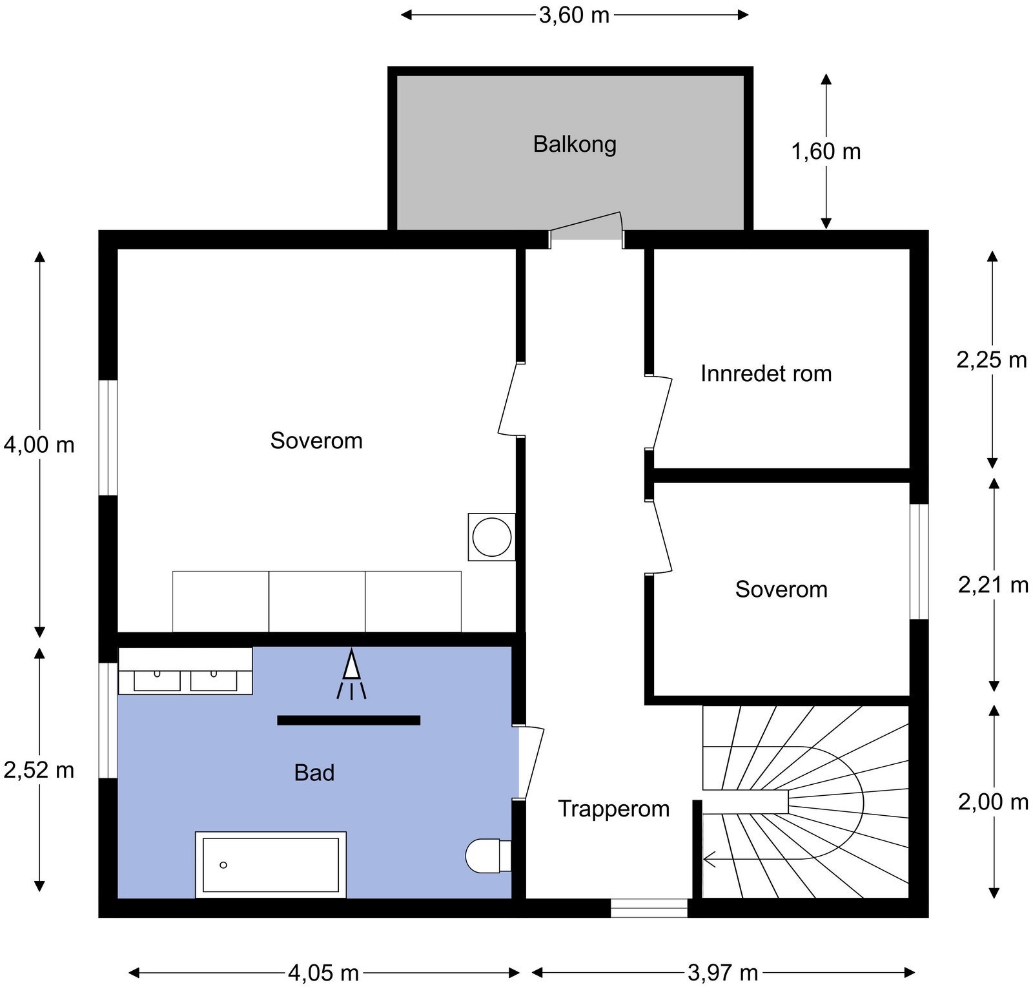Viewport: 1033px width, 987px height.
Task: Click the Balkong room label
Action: [575, 144]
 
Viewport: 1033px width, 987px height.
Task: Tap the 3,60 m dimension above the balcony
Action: [574, 15]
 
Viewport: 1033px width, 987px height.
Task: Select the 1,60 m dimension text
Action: [826, 152]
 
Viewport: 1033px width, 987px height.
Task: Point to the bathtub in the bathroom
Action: [271, 864]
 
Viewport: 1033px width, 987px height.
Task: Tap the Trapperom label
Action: [613, 809]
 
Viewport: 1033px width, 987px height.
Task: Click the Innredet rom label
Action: [766, 373]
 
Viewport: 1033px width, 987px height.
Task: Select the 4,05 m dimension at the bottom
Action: [323, 972]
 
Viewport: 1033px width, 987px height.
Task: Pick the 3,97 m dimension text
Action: [722, 972]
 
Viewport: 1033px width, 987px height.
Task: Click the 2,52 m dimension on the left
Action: [39, 770]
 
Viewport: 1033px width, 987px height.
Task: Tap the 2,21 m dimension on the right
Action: [993, 585]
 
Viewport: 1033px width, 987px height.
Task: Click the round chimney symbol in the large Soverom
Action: [492, 537]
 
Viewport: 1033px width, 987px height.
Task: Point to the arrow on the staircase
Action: [710, 859]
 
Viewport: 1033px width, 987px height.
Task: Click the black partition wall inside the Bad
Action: [349, 720]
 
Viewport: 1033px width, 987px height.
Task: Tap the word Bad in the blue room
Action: [314, 773]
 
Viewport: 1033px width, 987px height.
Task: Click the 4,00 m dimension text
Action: [39, 444]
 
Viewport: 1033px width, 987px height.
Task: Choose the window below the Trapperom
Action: [649, 908]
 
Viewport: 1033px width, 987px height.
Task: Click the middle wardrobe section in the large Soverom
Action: [316, 601]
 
